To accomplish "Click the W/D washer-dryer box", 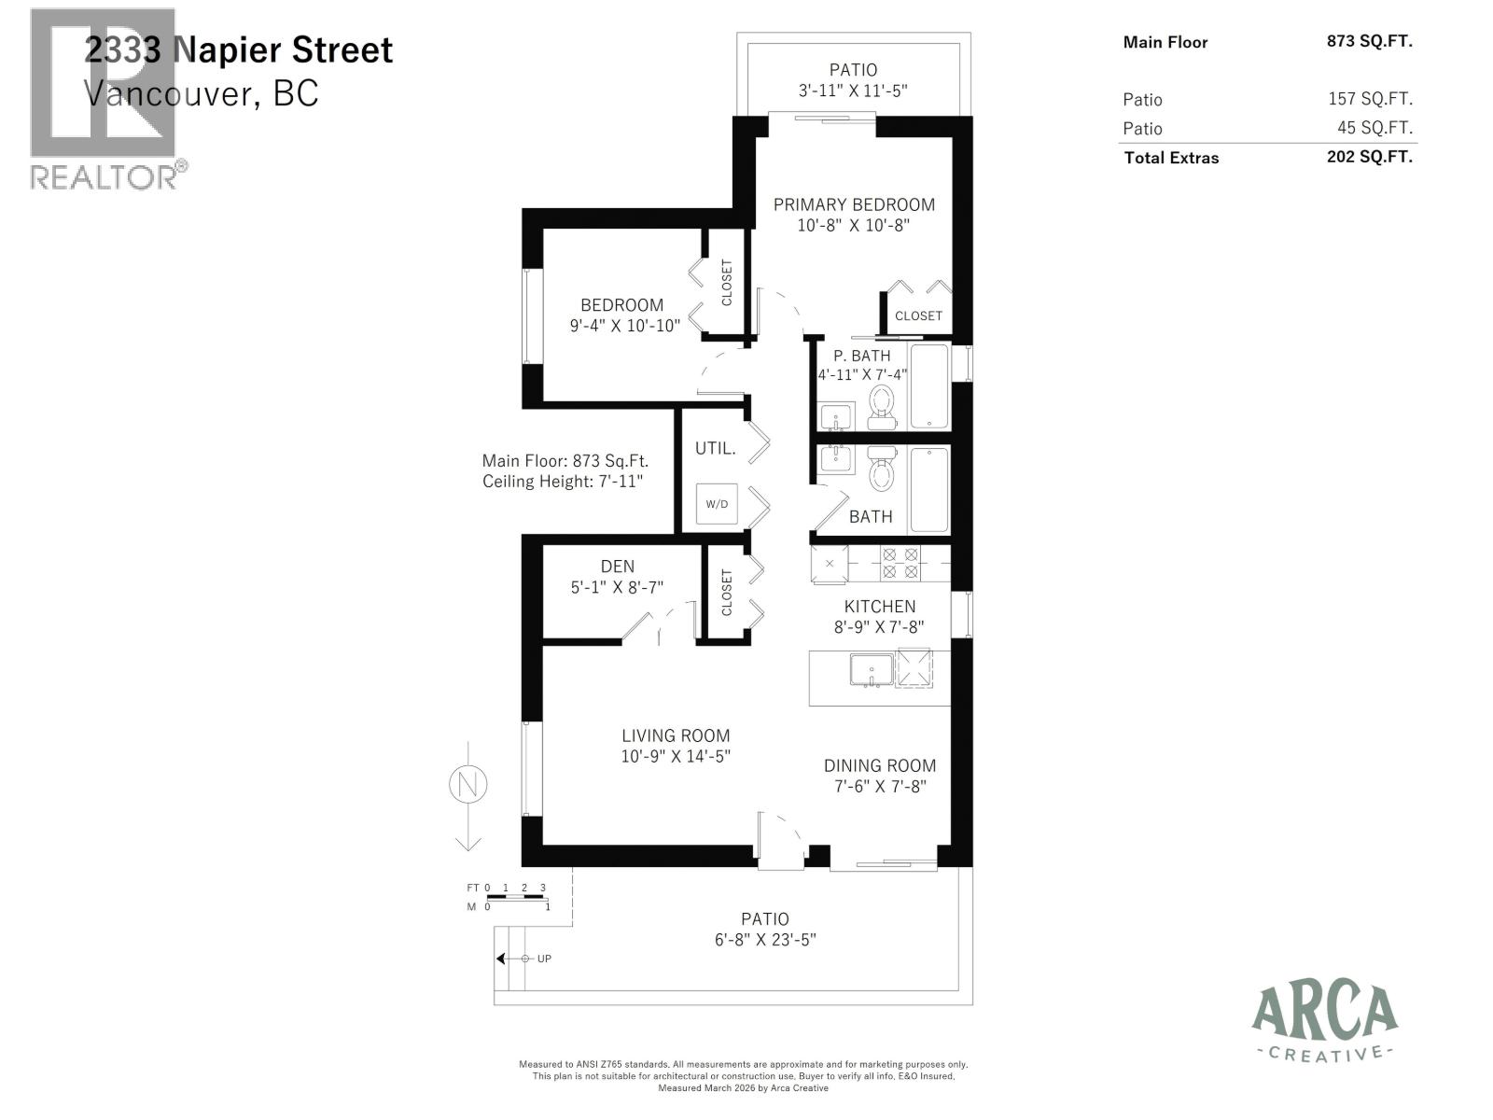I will [x=717, y=504].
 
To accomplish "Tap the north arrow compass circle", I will [x=468, y=784].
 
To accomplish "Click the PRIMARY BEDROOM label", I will [x=854, y=205].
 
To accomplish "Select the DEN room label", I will [x=617, y=567].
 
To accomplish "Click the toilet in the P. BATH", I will [x=881, y=406].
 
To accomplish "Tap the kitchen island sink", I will [x=871, y=670].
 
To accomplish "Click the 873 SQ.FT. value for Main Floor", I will [x=1369, y=41].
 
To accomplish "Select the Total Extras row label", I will [x=1171, y=158].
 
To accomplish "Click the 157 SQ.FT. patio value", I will [x=1370, y=99].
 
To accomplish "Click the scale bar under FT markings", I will [x=516, y=897].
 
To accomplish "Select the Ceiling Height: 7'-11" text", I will [x=563, y=482].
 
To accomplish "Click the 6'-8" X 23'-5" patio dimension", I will [x=765, y=940].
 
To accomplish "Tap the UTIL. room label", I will [x=715, y=449].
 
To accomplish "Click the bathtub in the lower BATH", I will [x=928, y=490].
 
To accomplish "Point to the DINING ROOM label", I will [x=879, y=765].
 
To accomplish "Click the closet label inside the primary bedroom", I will [x=918, y=315].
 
